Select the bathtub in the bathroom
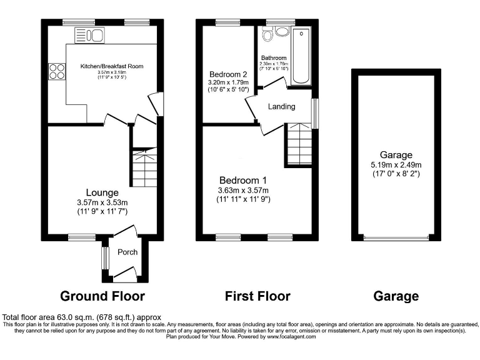[301, 56]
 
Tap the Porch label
[127, 252]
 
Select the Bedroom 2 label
[227, 72]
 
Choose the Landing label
[281, 107]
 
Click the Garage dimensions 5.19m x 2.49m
[396, 165]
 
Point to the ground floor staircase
[143, 167]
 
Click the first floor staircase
[298, 144]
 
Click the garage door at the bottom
[396, 237]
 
